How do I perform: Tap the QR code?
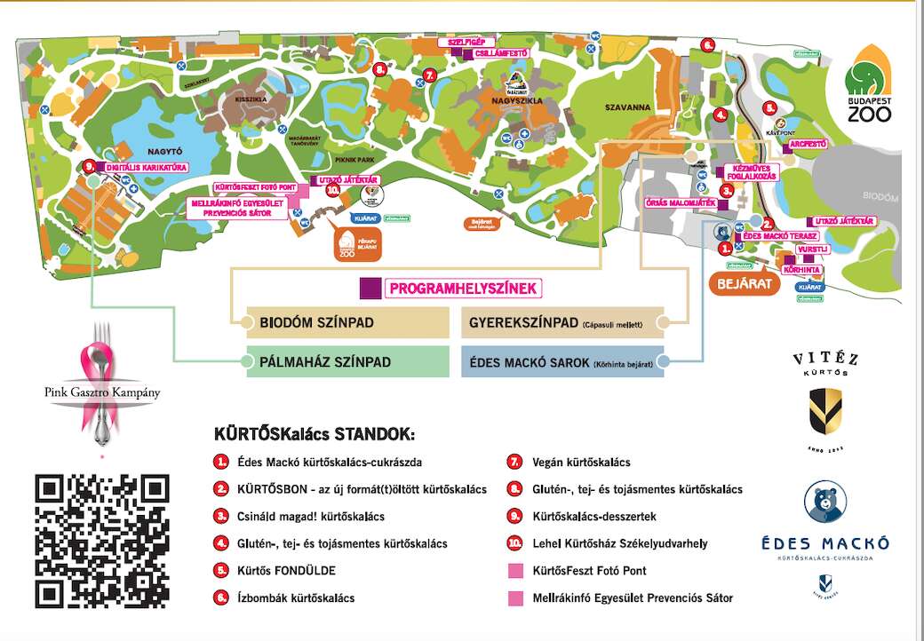(x=101, y=541)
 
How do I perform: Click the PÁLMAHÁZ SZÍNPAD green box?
(x=347, y=362)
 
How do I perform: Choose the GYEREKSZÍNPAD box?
(x=562, y=322)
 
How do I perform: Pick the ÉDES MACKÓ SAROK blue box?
(x=562, y=362)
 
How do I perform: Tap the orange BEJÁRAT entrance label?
(x=743, y=283)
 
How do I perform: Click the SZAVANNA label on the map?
(x=628, y=107)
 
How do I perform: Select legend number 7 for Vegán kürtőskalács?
(x=514, y=463)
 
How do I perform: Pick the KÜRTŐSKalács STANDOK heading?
(x=314, y=435)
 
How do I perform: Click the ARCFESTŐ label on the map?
(x=808, y=144)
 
